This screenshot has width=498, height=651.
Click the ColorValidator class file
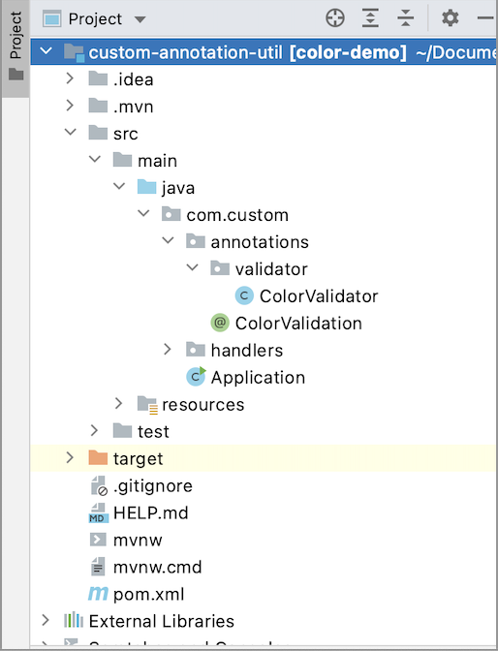[x=318, y=296]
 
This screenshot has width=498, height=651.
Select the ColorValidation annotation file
[x=298, y=324]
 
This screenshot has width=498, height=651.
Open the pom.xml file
[x=148, y=594]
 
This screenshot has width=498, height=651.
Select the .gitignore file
[x=152, y=485]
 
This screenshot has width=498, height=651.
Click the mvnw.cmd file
[x=157, y=567]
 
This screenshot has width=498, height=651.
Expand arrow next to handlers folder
[x=167, y=350]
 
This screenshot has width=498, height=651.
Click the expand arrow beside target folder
[x=70, y=458]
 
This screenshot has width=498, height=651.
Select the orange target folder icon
[x=98, y=458]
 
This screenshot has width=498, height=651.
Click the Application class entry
[x=257, y=378]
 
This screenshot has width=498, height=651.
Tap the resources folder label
[x=202, y=404]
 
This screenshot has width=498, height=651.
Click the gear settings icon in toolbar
[x=450, y=18]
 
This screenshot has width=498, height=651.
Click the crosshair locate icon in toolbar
[x=334, y=18]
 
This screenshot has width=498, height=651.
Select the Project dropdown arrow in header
[x=140, y=19]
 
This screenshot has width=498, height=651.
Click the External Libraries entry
[x=161, y=621]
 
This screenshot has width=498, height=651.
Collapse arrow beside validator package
[x=191, y=269]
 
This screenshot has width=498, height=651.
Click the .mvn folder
[x=133, y=107]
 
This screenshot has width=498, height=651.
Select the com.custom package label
[x=237, y=215]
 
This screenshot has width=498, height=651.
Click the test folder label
[x=153, y=431]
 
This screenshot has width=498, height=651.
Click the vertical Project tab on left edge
[x=16, y=36]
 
